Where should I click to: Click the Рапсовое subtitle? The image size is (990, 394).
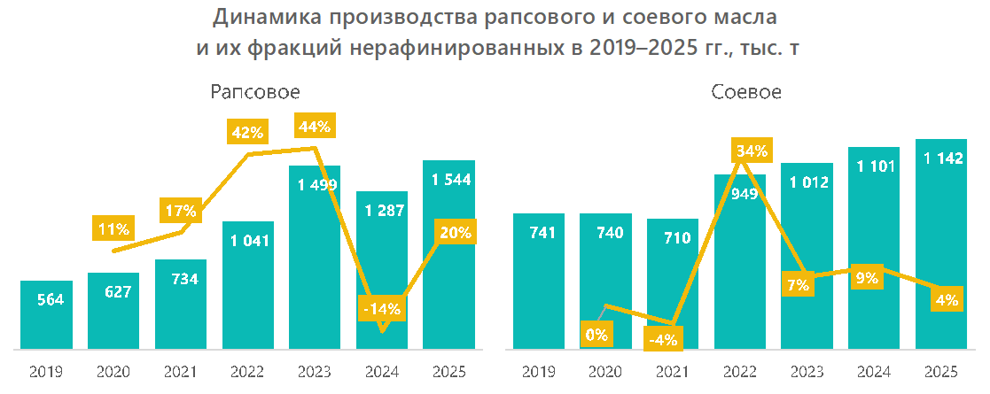(x=255, y=92)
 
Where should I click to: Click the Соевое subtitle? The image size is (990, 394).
(x=746, y=92)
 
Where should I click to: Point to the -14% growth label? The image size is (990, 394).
(x=382, y=309)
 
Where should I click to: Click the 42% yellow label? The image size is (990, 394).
(x=246, y=133)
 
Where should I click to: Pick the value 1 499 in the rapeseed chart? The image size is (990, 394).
(x=315, y=185)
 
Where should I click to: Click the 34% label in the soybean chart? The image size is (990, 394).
(x=752, y=151)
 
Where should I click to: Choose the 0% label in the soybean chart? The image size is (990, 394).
(x=596, y=335)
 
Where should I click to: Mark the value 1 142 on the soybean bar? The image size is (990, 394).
(x=942, y=158)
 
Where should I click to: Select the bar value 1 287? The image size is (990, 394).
(x=382, y=211)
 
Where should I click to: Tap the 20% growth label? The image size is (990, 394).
(x=456, y=232)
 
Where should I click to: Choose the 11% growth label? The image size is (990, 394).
(x=113, y=229)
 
